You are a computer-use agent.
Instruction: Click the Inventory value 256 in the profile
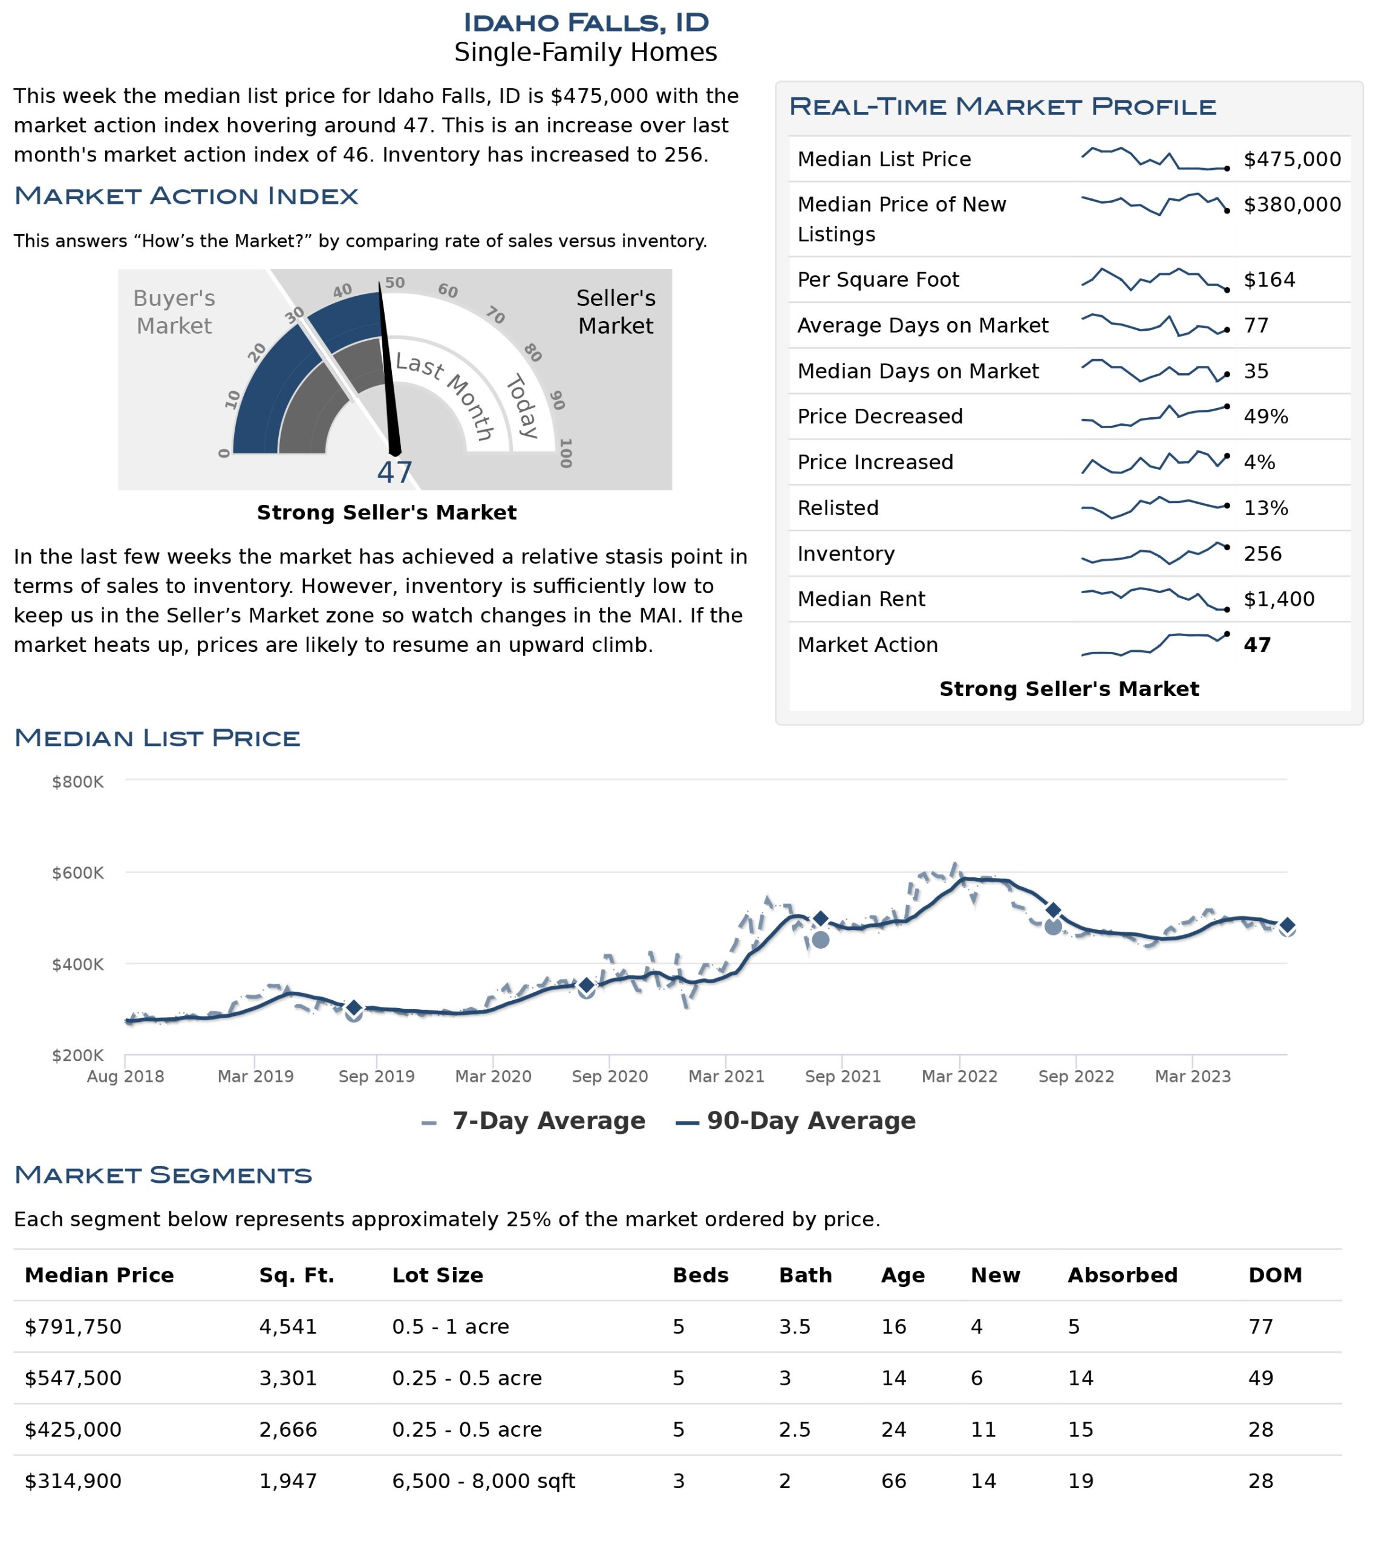[x=1262, y=554]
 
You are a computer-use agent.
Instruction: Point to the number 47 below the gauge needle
[x=395, y=473]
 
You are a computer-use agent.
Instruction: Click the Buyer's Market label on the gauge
[x=174, y=312]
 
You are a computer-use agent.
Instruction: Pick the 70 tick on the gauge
[x=495, y=315]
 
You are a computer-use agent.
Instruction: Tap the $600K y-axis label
[x=77, y=873]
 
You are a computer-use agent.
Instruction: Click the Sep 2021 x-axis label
[x=843, y=1076]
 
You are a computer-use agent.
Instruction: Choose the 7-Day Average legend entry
[x=533, y=1121]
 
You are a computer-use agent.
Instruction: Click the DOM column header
[x=1275, y=1275]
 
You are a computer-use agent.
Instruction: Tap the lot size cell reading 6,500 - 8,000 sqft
[x=483, y=1481]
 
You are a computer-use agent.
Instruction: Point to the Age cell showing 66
[x=894, y=1481]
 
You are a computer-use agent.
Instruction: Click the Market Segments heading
[x=163, y=1176]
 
